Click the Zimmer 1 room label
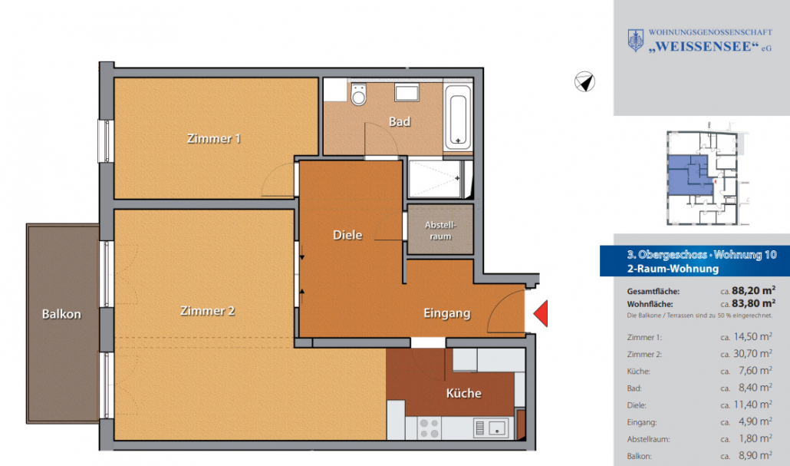click(x=214, y=138)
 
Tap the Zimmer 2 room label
click(x=208, y=311)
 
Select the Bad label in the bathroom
click(x=400, y=121)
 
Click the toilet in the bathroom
click(x=359, y=94)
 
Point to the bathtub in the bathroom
click(x=457, y=117)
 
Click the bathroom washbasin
click(x=407, y=93)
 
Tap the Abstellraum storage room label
click(x=440, y=230)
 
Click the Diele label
click(x=347, y=235)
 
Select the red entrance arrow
click(x=541, y=313)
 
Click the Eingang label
click(x=447, y=313)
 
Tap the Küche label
click(x=463, y=393)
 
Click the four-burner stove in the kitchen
click(x=430, y=428)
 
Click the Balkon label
click(x=61, y=314)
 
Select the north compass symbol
click(x=584, y=81)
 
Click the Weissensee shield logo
click(x=636, y=41)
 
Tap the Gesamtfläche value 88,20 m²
click(x=753, y=290)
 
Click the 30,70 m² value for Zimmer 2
click(x=752, y=354)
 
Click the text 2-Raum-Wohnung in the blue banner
click(x=673, y=268)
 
